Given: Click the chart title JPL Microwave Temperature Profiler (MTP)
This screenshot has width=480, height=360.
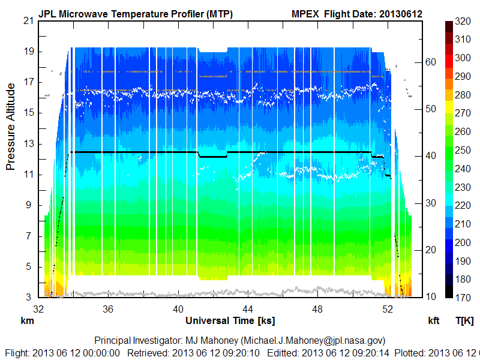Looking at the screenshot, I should [x=135, y=14].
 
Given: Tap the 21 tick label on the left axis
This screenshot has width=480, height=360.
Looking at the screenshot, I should [x=28, y=20].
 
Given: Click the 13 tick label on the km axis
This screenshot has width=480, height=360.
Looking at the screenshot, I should [x=28, y=143].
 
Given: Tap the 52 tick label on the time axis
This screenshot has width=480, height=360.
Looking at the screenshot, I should [x=388, y=309].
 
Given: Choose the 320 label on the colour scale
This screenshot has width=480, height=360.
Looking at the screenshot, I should [x=462, y=21].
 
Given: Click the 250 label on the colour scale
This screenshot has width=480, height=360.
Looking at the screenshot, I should [x=462, y=151].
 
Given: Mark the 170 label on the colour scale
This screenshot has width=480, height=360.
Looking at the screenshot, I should [x=462, y=298].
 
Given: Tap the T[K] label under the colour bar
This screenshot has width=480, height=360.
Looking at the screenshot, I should [x=464, y=320].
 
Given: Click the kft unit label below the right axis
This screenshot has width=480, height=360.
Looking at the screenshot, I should [x=434, y=320].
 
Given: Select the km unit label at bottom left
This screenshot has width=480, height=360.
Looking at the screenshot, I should [x=27, y=320].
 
